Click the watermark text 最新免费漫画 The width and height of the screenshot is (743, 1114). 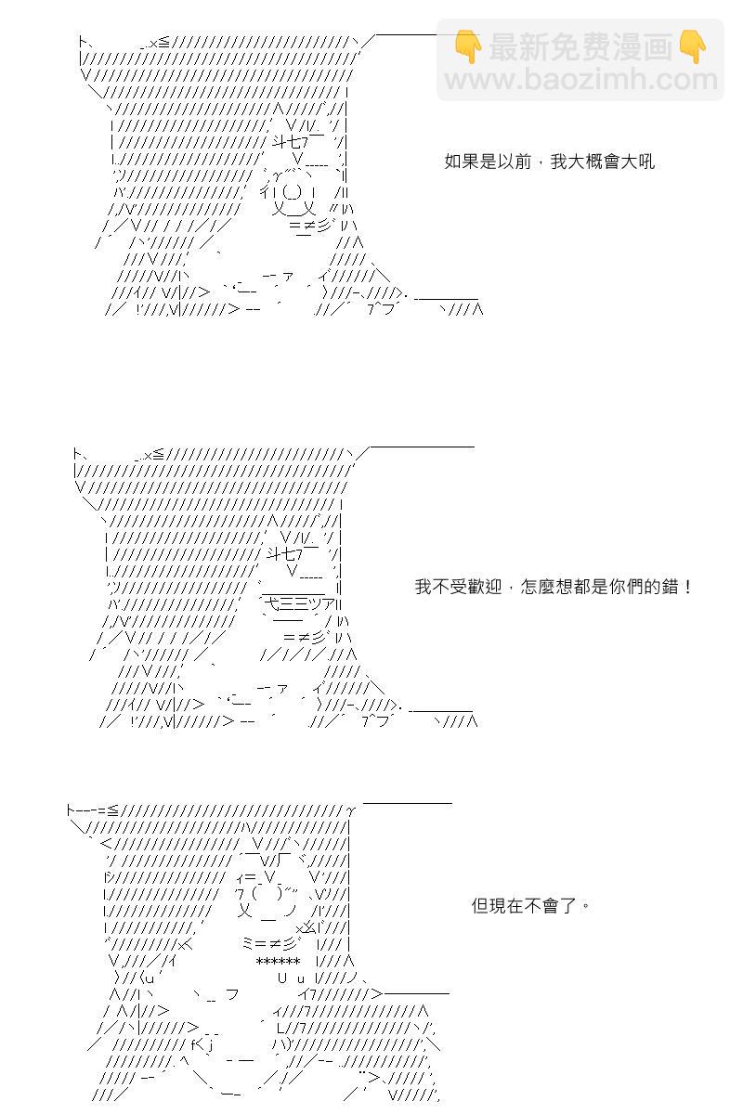click(580, 47)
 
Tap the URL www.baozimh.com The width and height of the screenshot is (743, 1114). click(580, 80)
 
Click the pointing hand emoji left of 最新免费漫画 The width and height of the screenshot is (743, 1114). click(468, 46)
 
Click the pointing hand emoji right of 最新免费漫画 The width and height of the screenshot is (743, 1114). click(692, 46)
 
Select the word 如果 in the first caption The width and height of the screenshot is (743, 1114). click(462, 162)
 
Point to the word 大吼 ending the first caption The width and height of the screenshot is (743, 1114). click(637, 162)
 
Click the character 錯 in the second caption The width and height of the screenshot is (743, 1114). click(669, 587)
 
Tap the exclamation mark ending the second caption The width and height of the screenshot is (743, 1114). click(687, 587)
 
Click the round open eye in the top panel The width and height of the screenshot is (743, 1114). click(293, 191)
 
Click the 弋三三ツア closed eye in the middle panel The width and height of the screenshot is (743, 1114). click(302, 603)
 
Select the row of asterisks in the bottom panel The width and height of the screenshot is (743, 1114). click(278, 962)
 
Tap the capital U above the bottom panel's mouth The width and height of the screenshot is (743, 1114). click(282, 978)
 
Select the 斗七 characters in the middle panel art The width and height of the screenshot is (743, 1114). click(281, 553)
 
